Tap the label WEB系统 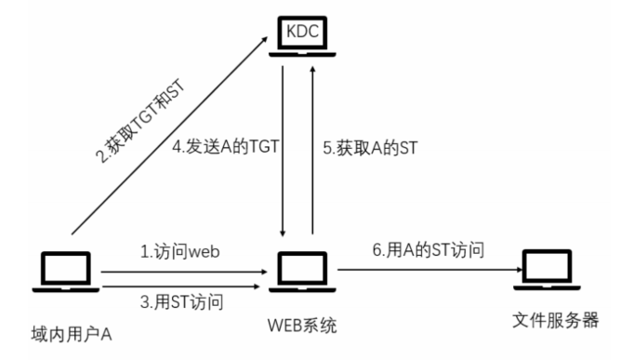299,325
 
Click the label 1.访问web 178,250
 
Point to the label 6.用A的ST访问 420,250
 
